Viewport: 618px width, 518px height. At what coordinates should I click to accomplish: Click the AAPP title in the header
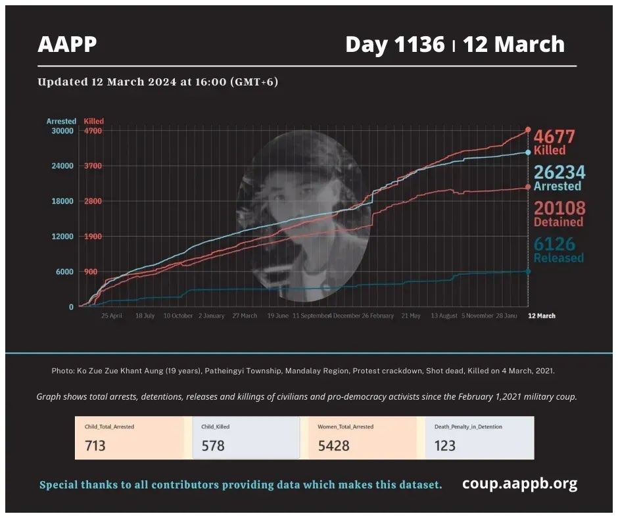pyautogui.click(x=67, y=44)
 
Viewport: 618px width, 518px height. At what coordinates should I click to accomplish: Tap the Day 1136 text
pyautogui.click(x=395, y=44)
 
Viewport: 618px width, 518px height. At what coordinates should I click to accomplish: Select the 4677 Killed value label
pyautogui.click(x=554, y=142)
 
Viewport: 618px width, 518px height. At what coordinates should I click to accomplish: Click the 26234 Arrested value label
pyautogui.click(x=559, y=177)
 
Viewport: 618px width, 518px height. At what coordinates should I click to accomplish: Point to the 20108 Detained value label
pyautogui.click(x=559, y=214)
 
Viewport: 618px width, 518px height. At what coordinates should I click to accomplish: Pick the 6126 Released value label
pyautogui.click(x=558, y=250)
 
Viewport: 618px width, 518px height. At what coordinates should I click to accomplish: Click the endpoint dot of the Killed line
pyautogui.click(x=528, y=129)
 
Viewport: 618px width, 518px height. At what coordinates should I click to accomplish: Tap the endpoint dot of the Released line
pyautogui.click(x=528, y=271)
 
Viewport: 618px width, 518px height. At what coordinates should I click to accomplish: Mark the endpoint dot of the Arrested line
pyautogui.click(x=528, y=152)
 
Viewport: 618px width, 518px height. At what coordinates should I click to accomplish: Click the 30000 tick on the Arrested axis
pyautogui.click(x=62, y=131)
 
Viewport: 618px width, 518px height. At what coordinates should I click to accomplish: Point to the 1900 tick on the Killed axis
pyautogui.click(x=93, y=237)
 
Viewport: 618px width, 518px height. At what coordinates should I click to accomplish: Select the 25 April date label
pyautogui.click(x=112, y=316)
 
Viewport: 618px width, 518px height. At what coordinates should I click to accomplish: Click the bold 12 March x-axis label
pyautogui.click(x=542, y=316)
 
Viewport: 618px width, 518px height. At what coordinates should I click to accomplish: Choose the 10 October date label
pyautogui.click(x=178, y=316)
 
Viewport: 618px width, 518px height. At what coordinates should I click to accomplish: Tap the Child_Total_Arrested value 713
pyautogui.click(x=95, y=446)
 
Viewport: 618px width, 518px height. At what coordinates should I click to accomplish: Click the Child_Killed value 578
pyautogui.click(x=213, y=446)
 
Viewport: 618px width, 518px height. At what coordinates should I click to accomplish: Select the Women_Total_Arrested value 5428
pyautogui.click(x=333, y=446)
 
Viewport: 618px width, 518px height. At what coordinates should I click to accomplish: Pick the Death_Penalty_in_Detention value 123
pyautogui.click(x=445, y=446)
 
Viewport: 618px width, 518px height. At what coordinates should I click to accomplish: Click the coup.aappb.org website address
pyautogui.click(x=519, y=484)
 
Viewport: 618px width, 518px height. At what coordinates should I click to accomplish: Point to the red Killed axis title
pyautogui.click(x=94, y=121)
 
